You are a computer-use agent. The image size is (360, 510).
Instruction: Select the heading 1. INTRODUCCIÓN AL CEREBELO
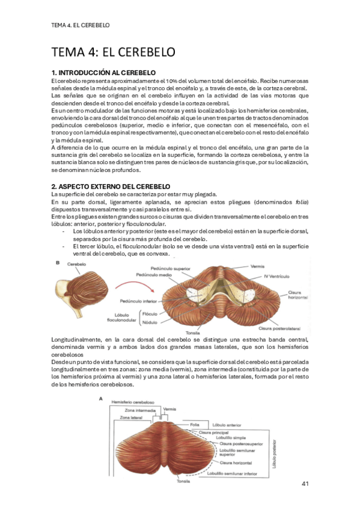(104, 73)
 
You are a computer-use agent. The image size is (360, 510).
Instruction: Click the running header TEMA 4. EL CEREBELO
(81, 25)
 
